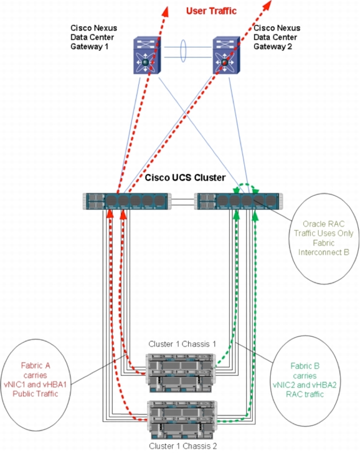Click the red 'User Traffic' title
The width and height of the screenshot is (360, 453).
(x=211, y=11)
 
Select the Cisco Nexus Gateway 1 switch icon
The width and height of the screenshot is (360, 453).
(x=147, y=55)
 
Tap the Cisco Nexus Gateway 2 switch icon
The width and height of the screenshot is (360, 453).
(x=226, y=55)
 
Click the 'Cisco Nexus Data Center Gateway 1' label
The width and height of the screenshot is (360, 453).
(x=93, y=37)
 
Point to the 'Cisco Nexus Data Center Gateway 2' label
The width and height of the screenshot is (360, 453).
(x=277, y=37)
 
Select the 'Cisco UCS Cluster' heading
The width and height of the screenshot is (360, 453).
(x=185, y=178)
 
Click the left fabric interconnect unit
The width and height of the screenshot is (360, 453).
(x=127, y=201)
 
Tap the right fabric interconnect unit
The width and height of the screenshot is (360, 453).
(x=239, y=201)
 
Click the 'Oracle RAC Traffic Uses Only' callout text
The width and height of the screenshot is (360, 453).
(x=323, y=229)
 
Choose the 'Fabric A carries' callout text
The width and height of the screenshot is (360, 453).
(x=36, y=370)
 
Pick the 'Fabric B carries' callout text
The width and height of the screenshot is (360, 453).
(x=305, y=371)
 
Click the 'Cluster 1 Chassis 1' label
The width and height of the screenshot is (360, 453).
(x=182, y=344)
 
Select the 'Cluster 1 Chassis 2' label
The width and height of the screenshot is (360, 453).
(x=182, y=446)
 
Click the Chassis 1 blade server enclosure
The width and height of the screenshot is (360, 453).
(x=181, y=373)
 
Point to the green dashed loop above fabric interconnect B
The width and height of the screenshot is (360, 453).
(x=246, y=184)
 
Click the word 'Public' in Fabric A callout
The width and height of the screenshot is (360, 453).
(x=22, y=394)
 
